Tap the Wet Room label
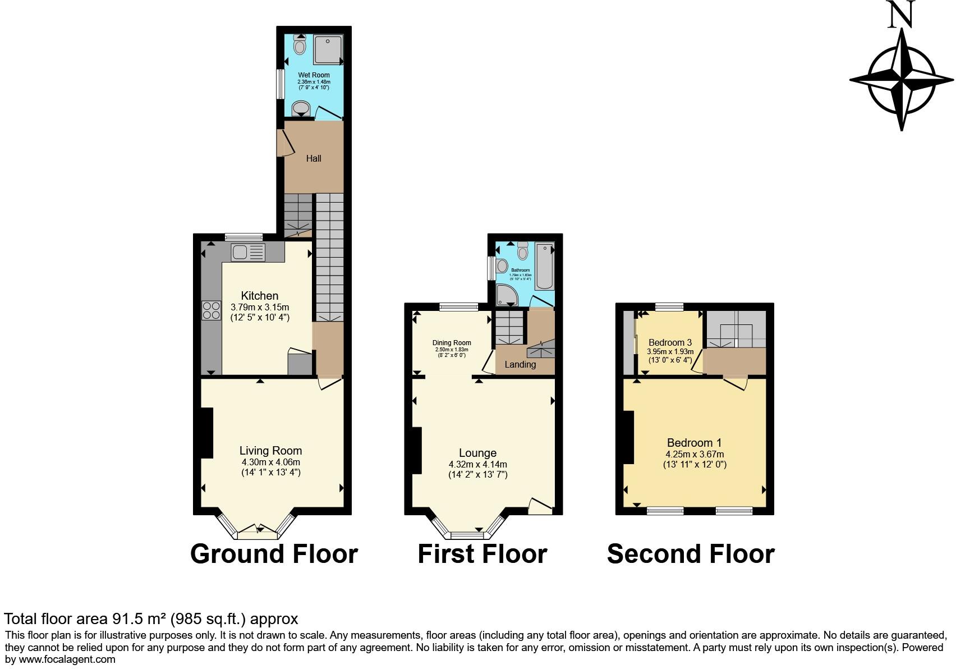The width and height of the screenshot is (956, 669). point(314,75)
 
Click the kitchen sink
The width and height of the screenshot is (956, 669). point(247,253)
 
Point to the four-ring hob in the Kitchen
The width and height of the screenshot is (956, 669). point(212,310)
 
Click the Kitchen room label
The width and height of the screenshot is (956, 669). point(260,296)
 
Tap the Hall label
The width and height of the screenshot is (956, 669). point(314,158)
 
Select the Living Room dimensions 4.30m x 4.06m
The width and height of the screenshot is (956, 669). point(271,462)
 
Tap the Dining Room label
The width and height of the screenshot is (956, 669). point(452,343)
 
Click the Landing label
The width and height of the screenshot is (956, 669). point(520,364)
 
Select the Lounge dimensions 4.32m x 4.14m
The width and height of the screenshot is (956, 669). point(477,465)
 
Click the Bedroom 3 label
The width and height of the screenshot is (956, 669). point(670,342)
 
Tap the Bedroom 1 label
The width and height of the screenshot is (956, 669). point(694,442)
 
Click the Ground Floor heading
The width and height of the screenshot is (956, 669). point(274,554)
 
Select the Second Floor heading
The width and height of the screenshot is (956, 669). point(691,554)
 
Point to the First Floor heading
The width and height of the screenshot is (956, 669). point(482,554)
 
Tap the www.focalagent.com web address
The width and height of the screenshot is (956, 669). point(67,659)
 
